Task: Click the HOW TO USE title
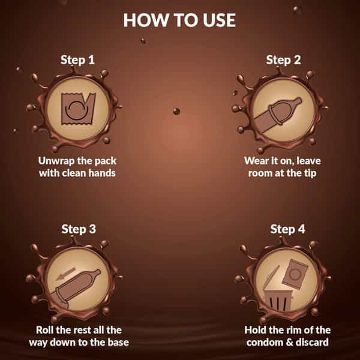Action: click(179, 20)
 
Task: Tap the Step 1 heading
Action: click(77, 60)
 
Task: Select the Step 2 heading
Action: click(283, 60)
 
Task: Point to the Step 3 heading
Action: click(79, 229)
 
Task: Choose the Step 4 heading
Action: click(287, 229)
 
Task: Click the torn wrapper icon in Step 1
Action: click(78, 109)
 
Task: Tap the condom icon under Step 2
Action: click(278, 115)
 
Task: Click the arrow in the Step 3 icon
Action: click(65, 274)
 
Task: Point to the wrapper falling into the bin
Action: click(295, 274)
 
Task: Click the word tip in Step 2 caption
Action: click(310, 173)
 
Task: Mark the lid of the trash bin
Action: click(271, 277)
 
